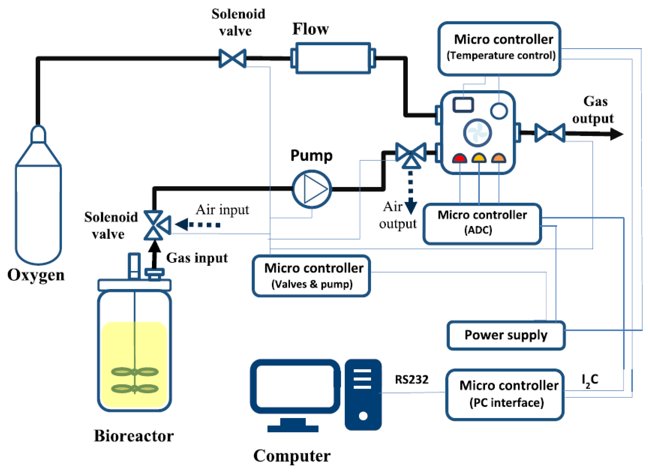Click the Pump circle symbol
(312, 189)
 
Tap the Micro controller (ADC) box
(482, 223)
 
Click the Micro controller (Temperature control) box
(499, 49)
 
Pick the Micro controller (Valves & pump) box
(311, 276)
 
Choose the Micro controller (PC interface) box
(505, 394)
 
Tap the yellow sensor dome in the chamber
(479, 158)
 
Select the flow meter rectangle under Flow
(333, 58)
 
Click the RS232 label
(411, 380)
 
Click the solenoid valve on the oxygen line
(232, 58)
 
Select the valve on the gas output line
(550, 133)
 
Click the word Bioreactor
(134, 436)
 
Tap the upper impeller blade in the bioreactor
(135, 372)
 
